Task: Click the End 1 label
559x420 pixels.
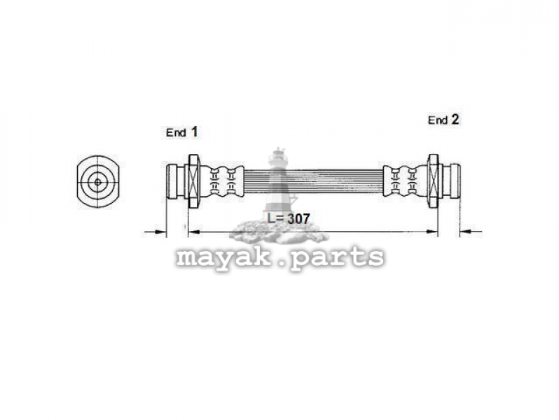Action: pyautogui.click(x=181, y=132)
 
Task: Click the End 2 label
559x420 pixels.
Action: pyautogui.click(x=443, y=120)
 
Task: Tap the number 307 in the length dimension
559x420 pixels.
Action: pyautogui.click(x=298, y=218)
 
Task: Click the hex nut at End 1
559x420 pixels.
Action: pyautogui.click(x=194, y=181)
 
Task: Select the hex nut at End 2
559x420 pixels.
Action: pyautogui.click(x=433, y=181)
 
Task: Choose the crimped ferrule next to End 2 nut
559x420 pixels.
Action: pyautogui.click(x=405, y=181)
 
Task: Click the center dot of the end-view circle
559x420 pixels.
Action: pyautogui.click(x=97, y=182)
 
